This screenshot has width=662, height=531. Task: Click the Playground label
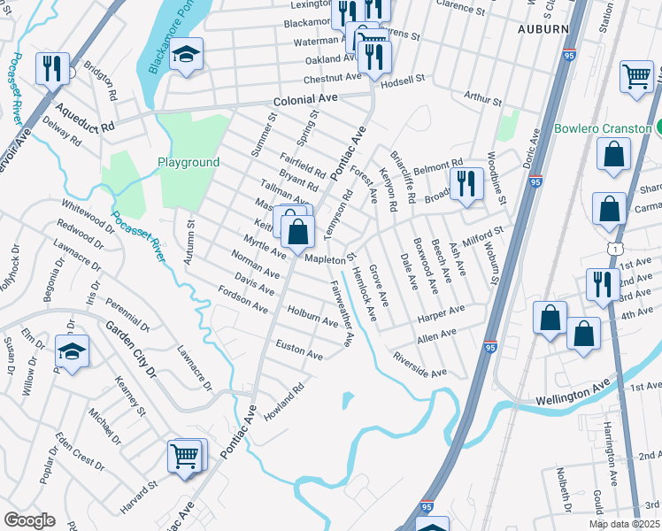pyautogui.click(x=189, y=163)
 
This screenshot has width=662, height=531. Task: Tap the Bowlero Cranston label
pyautogui.click(x=602, y=128)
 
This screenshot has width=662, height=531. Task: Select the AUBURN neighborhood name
pyautogui.click(x=538, y=28)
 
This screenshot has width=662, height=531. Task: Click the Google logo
pyautogui.click(x=29, y=520)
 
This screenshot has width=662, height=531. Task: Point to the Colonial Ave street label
pyautogui.click(x=306, y=101)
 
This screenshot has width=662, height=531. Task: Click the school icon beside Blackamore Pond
pyautogui.click(x=186, y=55)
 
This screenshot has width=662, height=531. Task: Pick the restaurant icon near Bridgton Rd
pyautogui.click(x=52, y=68)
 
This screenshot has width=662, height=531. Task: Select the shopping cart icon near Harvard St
pyautogui.click(x=185, y=457)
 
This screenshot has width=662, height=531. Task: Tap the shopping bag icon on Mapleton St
pyautogui.click(x=299, y=233)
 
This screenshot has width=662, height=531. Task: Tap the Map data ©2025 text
pyautogui.click(x=625, y=524)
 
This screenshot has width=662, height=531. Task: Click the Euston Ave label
pyautogui.click(x=299, y=349)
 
